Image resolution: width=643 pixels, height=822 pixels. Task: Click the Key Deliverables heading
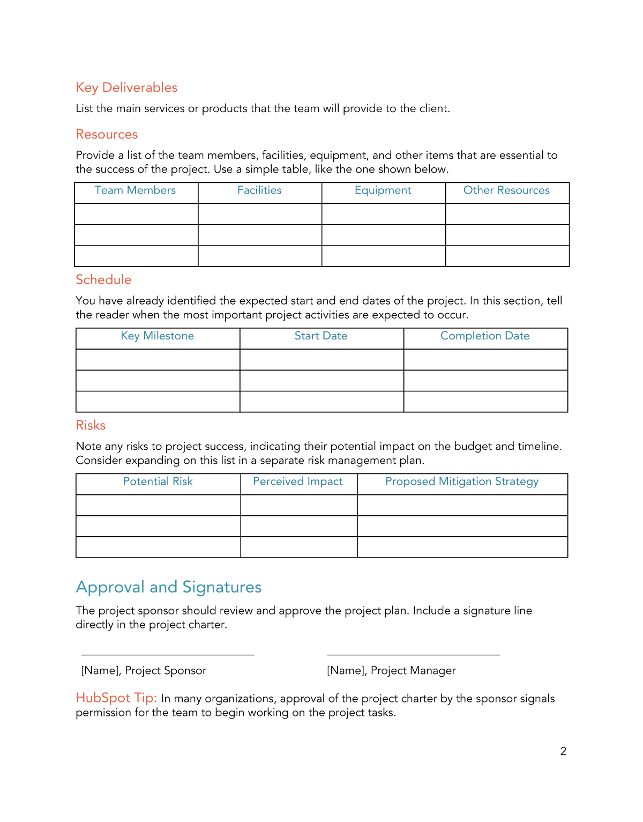[126, 87]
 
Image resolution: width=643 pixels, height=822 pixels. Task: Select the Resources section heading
[107, 134]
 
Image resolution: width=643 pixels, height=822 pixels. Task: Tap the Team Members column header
[135, 190]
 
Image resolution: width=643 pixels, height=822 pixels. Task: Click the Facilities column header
[259, 190]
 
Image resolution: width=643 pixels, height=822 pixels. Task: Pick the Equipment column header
[383, 190]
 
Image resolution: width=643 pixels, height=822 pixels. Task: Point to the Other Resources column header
[506, 190]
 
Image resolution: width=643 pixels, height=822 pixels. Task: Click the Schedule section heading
[103, 280]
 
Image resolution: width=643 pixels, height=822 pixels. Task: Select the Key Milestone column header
[157, 336]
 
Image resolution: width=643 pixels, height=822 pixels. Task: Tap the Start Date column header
[321, 336]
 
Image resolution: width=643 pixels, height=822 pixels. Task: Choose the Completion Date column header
[485, 336]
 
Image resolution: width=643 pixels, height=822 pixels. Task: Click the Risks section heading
[91, 425]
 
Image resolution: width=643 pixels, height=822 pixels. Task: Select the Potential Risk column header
[158, 482]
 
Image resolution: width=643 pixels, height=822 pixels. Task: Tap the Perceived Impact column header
[298, 482]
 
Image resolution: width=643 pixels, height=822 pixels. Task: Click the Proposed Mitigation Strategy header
[462, 482]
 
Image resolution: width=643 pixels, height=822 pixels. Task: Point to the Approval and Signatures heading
[169, 587]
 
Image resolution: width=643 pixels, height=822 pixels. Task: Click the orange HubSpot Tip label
[116, 698]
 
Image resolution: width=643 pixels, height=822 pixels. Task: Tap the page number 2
[563, 751]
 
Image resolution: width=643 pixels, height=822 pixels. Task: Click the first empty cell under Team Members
[136, 214]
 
